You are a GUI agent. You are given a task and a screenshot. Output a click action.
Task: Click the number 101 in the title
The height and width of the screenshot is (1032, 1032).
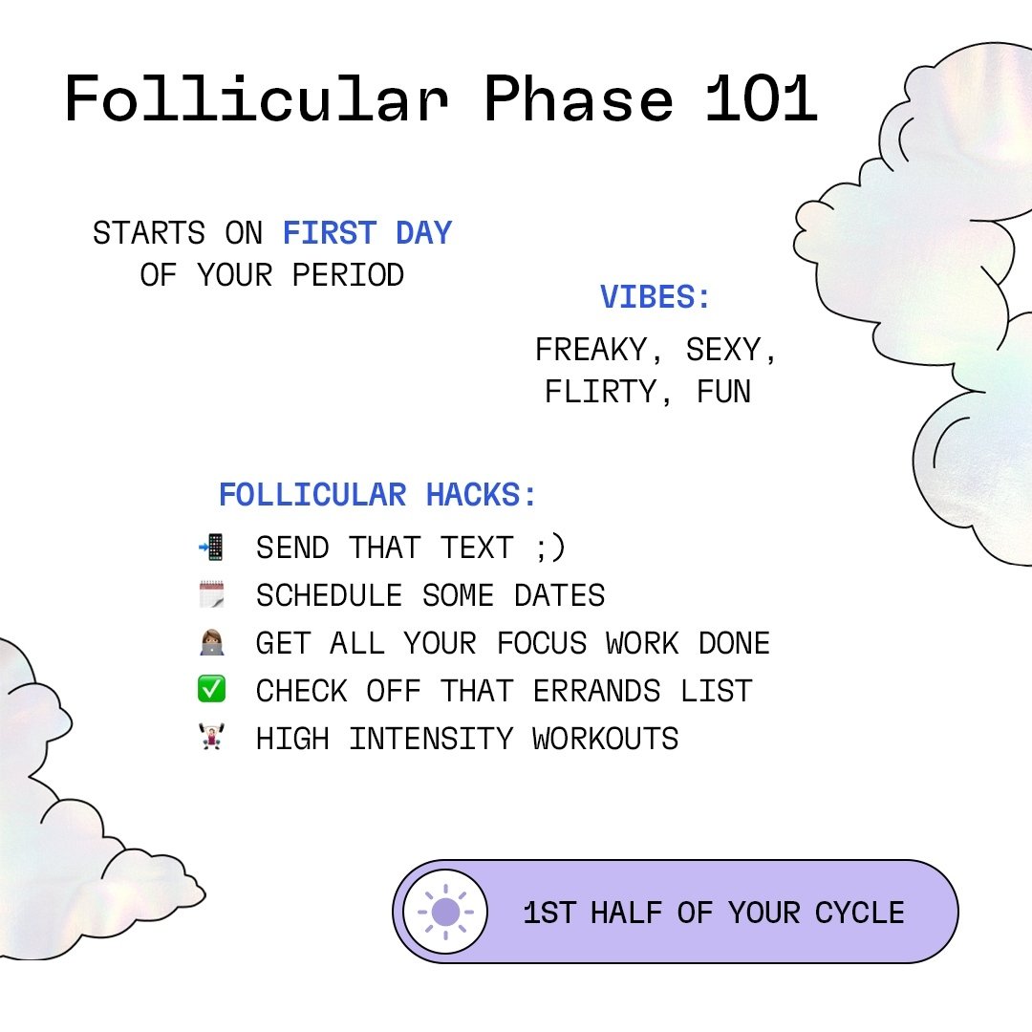(x=762, y=97)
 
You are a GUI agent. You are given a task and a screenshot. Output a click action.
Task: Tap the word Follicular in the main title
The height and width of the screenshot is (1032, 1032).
(x=256, y=97)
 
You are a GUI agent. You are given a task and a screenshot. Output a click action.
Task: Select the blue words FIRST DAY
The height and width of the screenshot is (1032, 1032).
(x=367, y=233)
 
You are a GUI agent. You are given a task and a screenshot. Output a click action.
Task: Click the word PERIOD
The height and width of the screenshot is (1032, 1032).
(x=348, y=275)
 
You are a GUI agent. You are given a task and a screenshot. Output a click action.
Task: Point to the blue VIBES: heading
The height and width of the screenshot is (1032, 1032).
(x=656, y=298)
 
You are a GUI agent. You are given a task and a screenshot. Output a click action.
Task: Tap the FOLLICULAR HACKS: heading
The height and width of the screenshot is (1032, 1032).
(x=378, y=495)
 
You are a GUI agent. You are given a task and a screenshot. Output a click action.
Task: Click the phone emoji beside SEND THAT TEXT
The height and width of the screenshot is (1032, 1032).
(x=211, y=548)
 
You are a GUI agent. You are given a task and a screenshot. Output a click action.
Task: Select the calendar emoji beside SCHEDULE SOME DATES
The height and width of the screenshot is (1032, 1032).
(x=211, y=595)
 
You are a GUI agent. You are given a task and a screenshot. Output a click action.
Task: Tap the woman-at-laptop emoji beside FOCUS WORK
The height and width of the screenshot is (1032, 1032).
(x=211, y=643)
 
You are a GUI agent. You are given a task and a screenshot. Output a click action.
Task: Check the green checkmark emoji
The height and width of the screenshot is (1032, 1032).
(x=211, y=690)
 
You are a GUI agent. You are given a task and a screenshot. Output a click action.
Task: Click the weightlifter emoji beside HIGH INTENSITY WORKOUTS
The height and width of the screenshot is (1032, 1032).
(x=211, y=738)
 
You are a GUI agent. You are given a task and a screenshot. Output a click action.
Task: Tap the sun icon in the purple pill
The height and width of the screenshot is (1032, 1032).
(x=445, y=912)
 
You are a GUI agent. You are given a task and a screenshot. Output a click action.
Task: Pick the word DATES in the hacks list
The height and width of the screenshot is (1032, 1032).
(x=560, y=595)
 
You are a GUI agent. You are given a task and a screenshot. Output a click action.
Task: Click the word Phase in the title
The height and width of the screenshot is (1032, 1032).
(x=578, y=97)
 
